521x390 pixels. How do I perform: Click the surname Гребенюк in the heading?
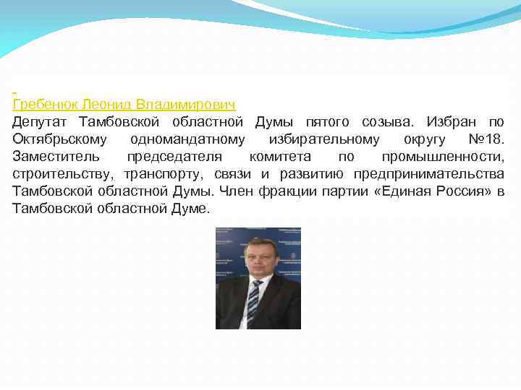(x=44, y=105)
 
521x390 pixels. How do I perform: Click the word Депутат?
(x=42, y=122)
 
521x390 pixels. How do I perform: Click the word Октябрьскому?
(x=60, y=139)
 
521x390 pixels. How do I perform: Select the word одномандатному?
(x=187, y=139)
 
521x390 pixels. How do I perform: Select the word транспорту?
(x=166, y=174)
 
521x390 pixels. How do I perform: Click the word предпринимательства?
(x=428, y=174)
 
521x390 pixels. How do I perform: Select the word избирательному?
(x=323, y=139)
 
